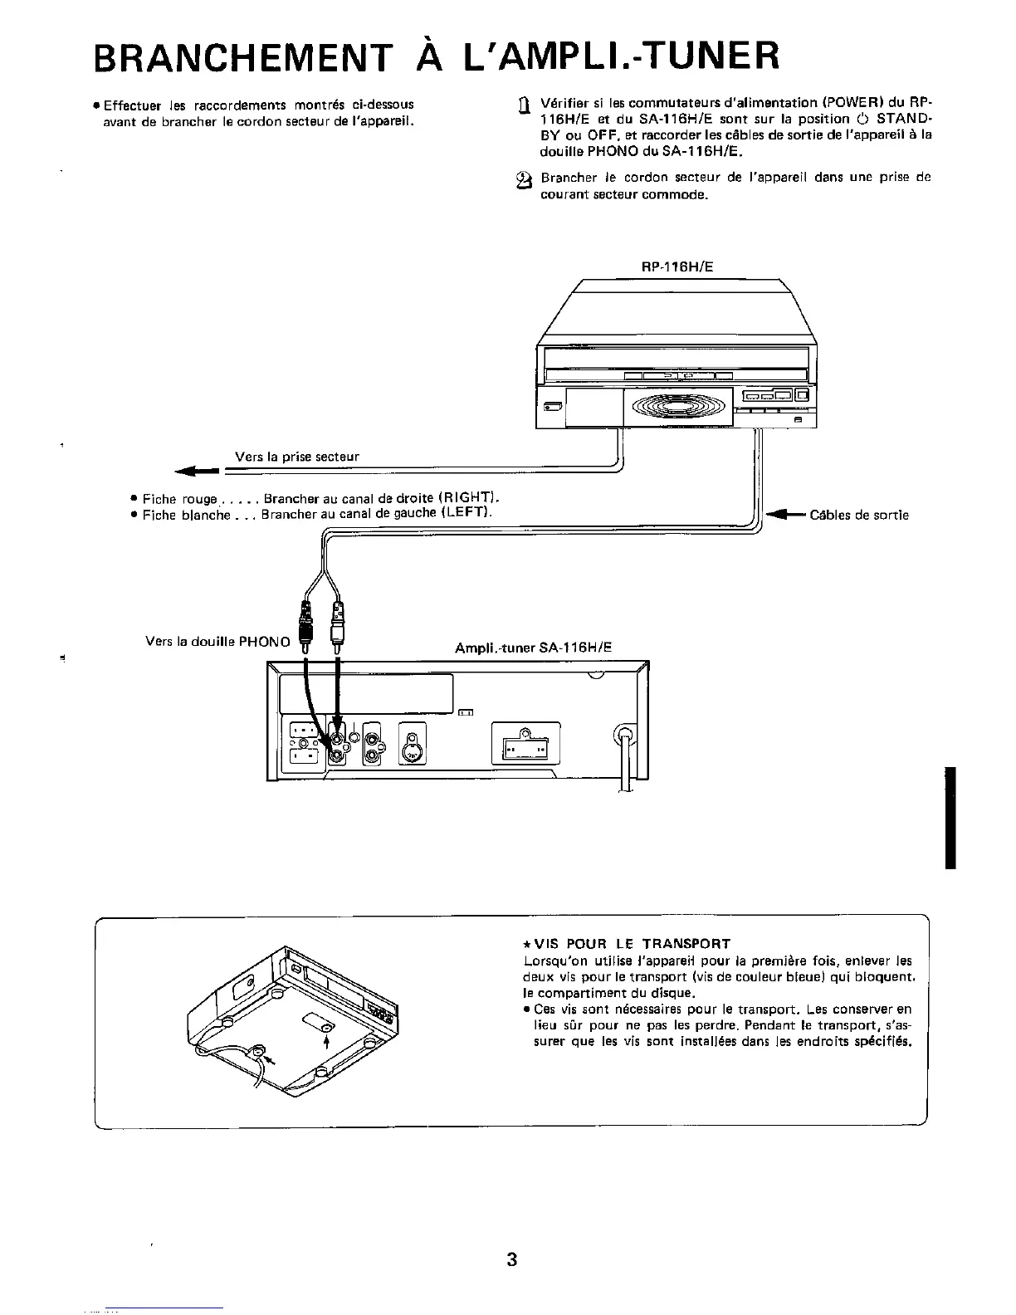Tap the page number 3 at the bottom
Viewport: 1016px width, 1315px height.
coord(511,1259)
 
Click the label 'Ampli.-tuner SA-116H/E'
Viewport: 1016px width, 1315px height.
coord(532,648)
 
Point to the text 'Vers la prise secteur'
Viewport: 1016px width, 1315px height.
coord(297,456)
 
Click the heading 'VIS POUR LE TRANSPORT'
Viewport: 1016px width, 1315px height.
coord(627,943)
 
